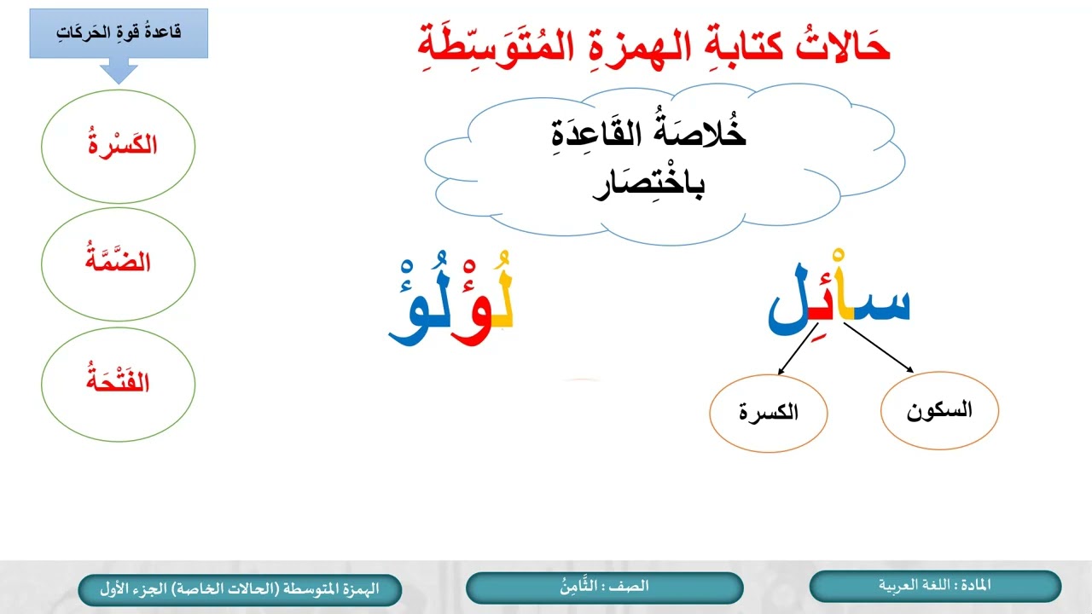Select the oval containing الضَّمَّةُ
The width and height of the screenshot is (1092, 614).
(118, 264)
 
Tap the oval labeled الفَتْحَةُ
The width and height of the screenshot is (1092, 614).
(118, 382)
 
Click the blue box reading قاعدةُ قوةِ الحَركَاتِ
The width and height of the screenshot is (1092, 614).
(118, 33)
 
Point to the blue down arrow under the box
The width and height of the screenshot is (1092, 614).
(119, 70)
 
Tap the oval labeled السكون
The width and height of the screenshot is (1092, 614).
(938, 411)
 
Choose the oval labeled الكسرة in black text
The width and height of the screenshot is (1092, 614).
(768, 413)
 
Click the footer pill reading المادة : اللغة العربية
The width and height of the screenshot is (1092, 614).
(935, 587)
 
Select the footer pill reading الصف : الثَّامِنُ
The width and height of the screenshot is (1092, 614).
(604, 588)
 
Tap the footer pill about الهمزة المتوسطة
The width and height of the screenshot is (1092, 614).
(240, 589)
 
